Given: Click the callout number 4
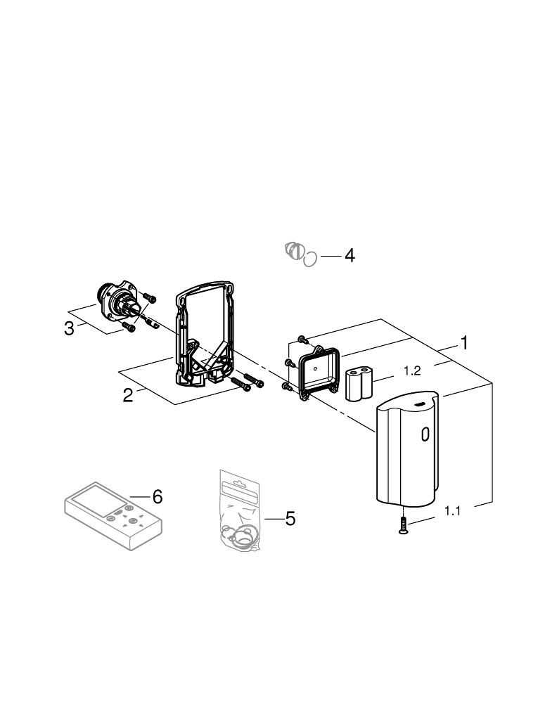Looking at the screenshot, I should click(349, 255).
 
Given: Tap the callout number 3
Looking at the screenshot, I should click(69, 328).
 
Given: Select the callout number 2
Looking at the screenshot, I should click(127, 395).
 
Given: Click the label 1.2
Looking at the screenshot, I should click(411, 370).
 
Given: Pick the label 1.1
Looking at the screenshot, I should click(452, 512).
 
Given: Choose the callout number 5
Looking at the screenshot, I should click(290, 519).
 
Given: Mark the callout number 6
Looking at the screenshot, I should click(158, 497).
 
